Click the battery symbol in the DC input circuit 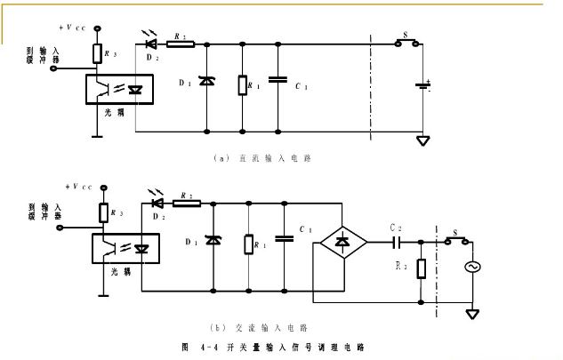426,86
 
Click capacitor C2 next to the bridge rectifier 398,241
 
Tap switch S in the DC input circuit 406,43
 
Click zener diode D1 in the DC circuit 206,82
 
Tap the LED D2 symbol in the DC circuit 150,43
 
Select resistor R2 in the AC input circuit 186,204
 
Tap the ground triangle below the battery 426,140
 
